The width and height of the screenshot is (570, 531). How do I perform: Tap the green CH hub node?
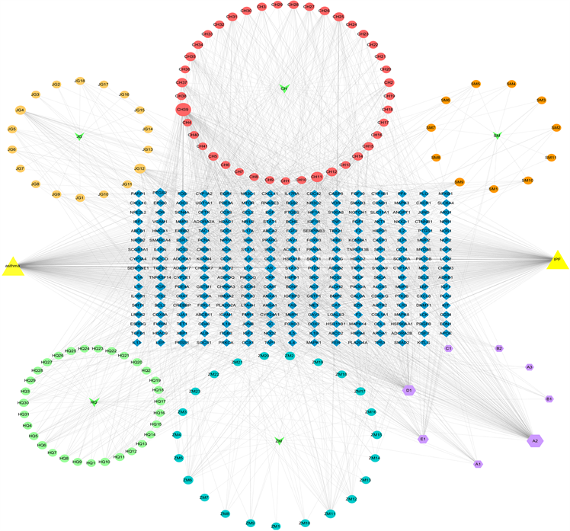[284, 88]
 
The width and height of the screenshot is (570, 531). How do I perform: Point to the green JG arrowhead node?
[79, 136]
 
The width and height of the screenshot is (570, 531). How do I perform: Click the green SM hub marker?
[497, 136]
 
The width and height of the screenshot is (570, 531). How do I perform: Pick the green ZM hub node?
[279, 440]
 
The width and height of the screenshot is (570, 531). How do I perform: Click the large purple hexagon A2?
[535, 440]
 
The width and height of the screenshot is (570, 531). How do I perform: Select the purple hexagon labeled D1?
[408, 390]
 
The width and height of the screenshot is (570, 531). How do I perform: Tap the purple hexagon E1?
[423, 439]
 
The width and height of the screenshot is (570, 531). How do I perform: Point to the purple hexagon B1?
[549, 398]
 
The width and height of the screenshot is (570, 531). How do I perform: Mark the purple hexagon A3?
[529, 367]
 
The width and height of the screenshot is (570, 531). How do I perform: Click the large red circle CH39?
[183, 110]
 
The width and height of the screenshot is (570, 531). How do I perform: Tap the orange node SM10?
[527, 181]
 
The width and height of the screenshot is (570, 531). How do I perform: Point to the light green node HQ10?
[104, 462]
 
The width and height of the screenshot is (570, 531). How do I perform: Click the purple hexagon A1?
[479, 463]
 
